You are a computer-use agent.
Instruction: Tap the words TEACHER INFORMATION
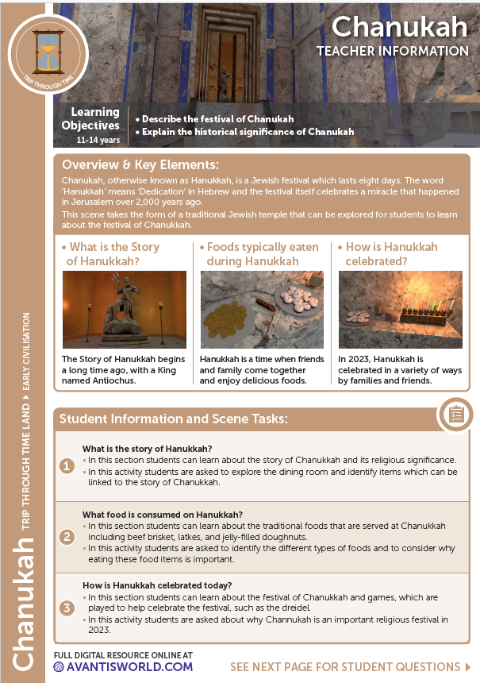pos(393,51)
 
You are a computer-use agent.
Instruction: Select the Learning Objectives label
pos(92,118)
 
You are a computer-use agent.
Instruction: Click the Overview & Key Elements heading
pos(140,165)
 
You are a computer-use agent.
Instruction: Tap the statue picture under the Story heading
pos(125,310)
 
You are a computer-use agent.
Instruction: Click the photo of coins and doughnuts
pos(262,310)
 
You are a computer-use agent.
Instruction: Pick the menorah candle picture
pos(400,310)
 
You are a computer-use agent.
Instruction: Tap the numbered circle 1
pos(67,466)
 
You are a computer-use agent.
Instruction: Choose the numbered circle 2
pos(67,537)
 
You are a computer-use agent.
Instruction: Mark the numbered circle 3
pos(67,608)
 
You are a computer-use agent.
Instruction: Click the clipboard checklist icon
pos(455,414)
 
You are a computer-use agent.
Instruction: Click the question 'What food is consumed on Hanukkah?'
pos(163,514)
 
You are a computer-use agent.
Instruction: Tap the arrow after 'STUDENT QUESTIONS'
pos(456,666)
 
